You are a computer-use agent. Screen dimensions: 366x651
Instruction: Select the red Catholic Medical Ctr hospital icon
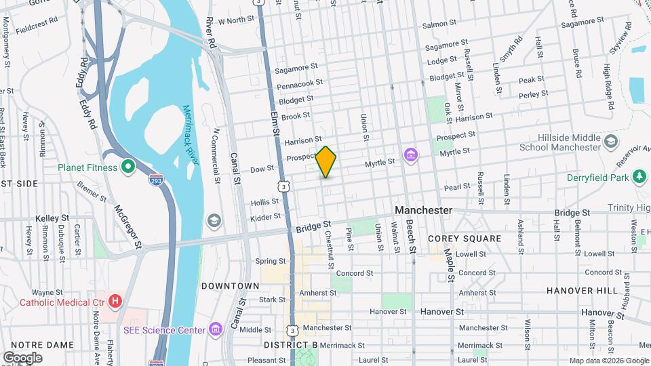(115, 300)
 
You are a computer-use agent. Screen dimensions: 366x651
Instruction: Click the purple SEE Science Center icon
(215, 330)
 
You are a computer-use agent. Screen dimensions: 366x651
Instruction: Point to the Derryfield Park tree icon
(638, 178)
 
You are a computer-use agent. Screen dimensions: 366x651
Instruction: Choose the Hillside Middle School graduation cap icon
(611, 142)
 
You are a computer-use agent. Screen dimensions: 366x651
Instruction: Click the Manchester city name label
(423, 210)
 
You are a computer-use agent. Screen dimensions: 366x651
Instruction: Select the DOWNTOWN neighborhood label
(230, 286)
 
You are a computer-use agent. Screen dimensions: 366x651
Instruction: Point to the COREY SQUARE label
(465, 239)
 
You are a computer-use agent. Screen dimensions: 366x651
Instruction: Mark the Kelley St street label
(54, 218)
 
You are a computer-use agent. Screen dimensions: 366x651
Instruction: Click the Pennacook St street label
(300, 83)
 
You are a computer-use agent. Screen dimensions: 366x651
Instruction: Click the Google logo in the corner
(22, 357)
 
